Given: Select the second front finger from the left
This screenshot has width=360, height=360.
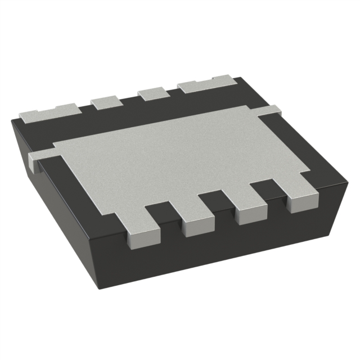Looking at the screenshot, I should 194,219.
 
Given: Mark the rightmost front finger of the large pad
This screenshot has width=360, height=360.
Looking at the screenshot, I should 301,200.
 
